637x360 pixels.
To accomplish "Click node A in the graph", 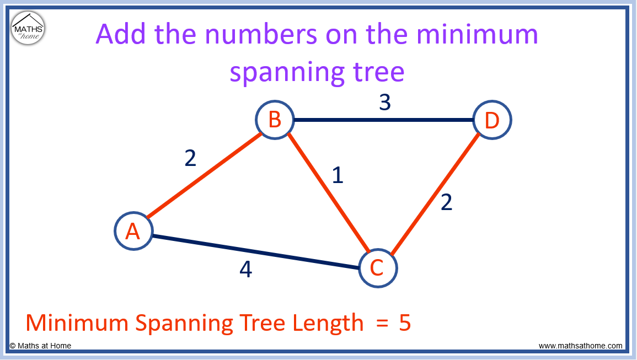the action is point(133,231).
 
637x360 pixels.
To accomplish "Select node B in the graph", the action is point(275,120).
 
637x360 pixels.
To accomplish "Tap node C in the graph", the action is point(378,268).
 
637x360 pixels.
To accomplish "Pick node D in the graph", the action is point(492,120).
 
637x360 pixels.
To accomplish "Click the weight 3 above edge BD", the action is point(385,102).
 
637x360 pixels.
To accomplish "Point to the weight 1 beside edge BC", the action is point(338,175).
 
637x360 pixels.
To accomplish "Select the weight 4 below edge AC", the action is point(246,269).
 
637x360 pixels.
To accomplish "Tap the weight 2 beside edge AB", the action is point(190,158).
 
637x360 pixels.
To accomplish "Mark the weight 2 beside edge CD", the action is point(446,202).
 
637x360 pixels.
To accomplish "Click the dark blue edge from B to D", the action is point(383,120).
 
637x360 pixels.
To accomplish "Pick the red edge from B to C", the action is point(328,194).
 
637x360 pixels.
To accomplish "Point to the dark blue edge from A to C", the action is point(256,251).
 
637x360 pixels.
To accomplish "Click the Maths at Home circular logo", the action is point(28,28).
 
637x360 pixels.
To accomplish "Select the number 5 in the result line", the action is point(405,323).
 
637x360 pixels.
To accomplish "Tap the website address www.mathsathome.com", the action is point(581,346).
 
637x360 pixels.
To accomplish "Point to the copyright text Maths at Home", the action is point(40,346).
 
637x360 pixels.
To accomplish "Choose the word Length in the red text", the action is point(328,324).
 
